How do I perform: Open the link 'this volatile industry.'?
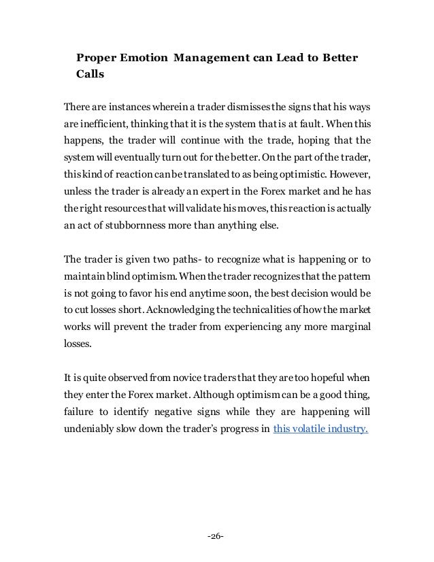[320, 429]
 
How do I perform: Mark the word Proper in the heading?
[96, 56]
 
